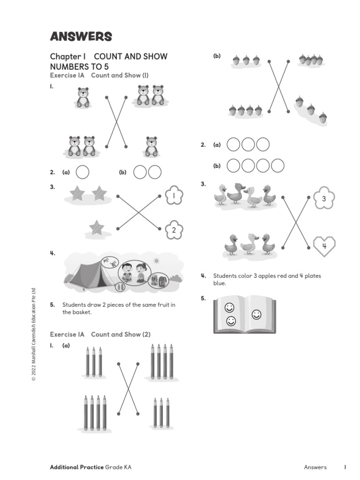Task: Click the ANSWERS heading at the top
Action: (x=81, y=37)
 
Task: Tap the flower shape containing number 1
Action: (x=173, y=195)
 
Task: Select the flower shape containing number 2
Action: (x=173, y=230)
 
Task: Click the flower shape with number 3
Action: (x=323, y=199)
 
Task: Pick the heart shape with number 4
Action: (x=324, y=247)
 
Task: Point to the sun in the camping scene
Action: (x=156, y=261)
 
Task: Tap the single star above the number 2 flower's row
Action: (x=97, y=228)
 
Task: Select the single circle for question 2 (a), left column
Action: (x=82, y=172)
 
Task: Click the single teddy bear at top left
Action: (x=83, y=97)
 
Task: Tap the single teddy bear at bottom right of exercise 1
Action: (x=151, y=146)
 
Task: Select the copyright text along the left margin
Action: (x=34, y=335)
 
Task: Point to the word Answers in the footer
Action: (x=315, y=467)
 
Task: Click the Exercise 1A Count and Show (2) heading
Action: (x=100, y=334)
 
